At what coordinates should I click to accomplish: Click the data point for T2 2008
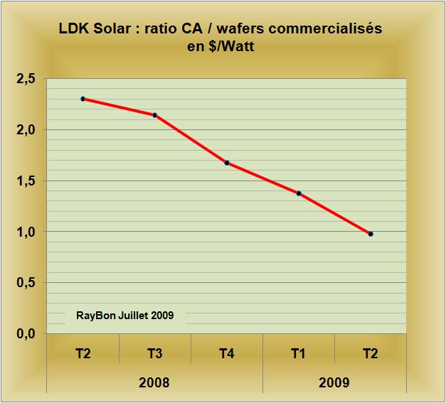coord(83,99)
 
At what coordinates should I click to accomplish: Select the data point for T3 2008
coord(154,115)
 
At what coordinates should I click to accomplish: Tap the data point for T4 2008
coord(227,163)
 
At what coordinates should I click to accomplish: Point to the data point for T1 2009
coord(299,193)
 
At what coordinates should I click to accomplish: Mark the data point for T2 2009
coord(371,234)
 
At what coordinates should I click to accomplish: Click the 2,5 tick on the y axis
coord(25,79)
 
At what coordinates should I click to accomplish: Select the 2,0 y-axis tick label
coord(25,130)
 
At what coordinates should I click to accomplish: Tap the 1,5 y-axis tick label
coord(25,181)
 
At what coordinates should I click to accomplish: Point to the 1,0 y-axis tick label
coord(25,232)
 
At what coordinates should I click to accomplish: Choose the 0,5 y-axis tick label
coord(25,283)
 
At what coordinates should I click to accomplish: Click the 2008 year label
coord(154,382)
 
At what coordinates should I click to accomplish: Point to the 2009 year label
coord(334,382)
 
